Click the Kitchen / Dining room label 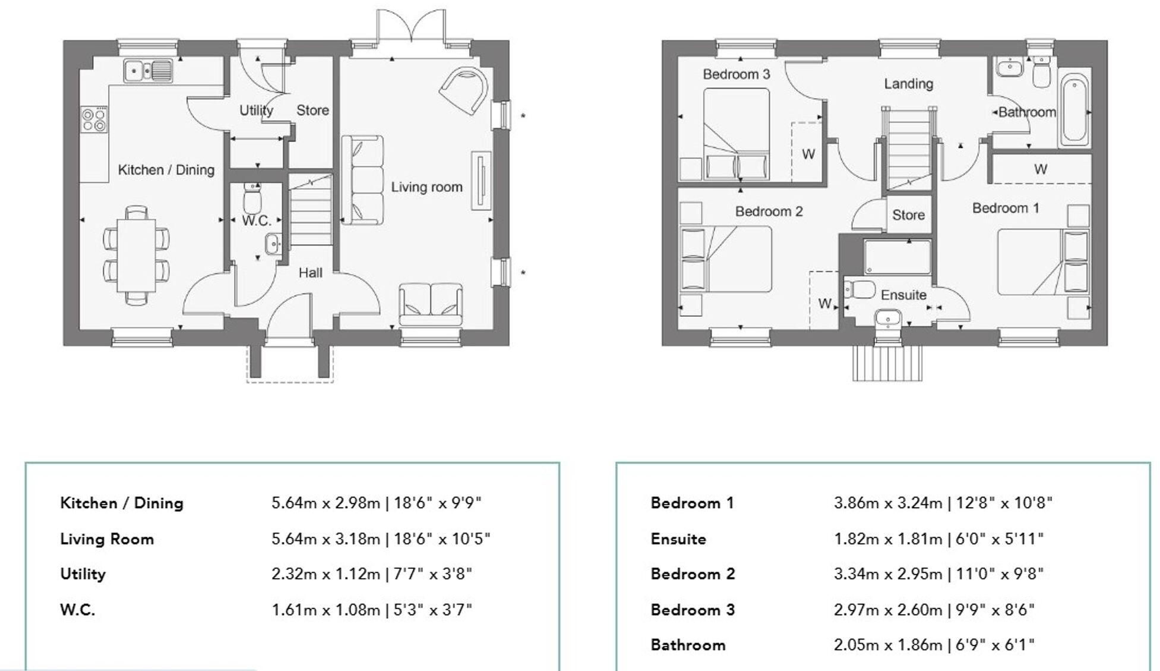[x=166, y=170]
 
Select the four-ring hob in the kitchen [x=94, y=119]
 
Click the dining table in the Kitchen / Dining [x=136, y=254]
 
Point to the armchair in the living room [x=465, y=90]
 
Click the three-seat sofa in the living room [x=362, y=180]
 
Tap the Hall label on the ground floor [x=310, y=273]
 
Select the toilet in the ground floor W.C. [x=253, y=199]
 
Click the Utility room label [x=256, y=111]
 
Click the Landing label [x=908, y=84]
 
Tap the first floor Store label [x=908, y=215]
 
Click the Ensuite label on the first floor [x=903, y=295]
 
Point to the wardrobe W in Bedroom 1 [x=1040, y=169]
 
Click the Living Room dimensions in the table [x=380, y=539]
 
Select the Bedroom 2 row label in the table [x=693, y=574]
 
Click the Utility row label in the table [x=83, y=574]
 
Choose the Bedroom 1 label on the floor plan [x=1005, y=208]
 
